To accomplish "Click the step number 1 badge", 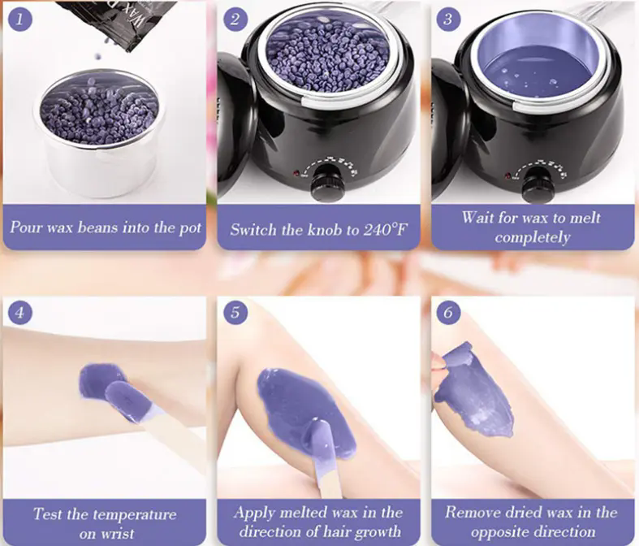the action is coord(19,19).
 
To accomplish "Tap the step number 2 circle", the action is coord(235,19).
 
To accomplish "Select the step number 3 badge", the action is coord(448,19).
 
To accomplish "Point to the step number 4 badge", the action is coord(19,312).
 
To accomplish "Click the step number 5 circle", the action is coord(235,312).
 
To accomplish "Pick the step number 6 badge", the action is coord(448,312).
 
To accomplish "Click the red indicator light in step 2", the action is coord(295,174).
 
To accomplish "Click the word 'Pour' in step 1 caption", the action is coord(26,228).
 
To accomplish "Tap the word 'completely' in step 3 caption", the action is coord(532,238).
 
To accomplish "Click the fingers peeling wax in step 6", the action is coord(439,364).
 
